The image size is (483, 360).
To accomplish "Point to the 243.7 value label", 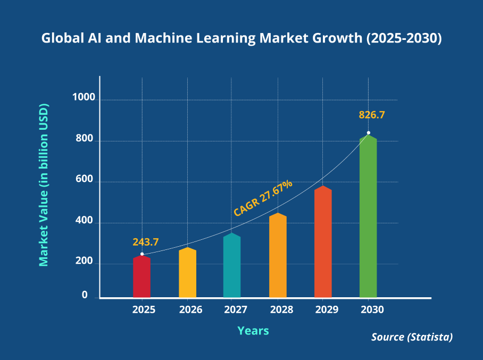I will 146,242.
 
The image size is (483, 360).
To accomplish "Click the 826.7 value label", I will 372,115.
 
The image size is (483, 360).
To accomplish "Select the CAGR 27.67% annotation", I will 263,198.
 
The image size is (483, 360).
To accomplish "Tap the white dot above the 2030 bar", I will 368,133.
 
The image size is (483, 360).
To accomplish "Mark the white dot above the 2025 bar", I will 142,254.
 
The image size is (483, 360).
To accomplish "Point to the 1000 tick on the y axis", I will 84,98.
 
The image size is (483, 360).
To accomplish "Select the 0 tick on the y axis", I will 85,295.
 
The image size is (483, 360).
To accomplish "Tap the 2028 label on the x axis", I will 278,309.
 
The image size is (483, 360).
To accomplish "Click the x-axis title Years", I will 253,331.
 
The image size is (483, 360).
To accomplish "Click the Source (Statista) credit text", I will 412,337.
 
